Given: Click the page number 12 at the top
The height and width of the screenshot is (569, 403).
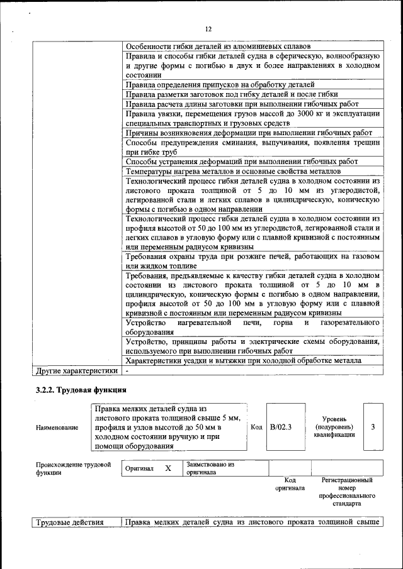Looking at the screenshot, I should click(208, 29).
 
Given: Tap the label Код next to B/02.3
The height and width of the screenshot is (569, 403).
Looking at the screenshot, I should click(256, 428).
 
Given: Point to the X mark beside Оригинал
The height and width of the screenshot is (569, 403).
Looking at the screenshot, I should click(167, 468).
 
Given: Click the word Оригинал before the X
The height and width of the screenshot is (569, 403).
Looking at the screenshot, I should click(140, 469).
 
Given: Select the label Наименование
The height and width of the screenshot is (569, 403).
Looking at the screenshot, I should click(57, 428).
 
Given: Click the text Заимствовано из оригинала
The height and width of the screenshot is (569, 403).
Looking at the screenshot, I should click(210, 468).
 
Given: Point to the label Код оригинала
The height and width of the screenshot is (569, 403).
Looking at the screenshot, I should click(290, 483).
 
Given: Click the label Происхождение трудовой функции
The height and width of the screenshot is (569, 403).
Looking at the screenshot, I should click(69, 468).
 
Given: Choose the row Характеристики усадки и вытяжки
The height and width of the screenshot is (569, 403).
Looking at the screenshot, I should click(243, 361).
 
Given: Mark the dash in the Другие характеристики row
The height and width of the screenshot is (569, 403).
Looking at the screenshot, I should click(127, 370).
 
